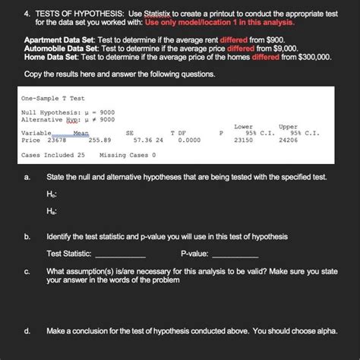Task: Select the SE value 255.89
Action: coord(99,140)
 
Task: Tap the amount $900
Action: coord(278,38)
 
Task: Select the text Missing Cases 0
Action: coord(128,156)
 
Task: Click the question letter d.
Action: coord(27,332)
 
